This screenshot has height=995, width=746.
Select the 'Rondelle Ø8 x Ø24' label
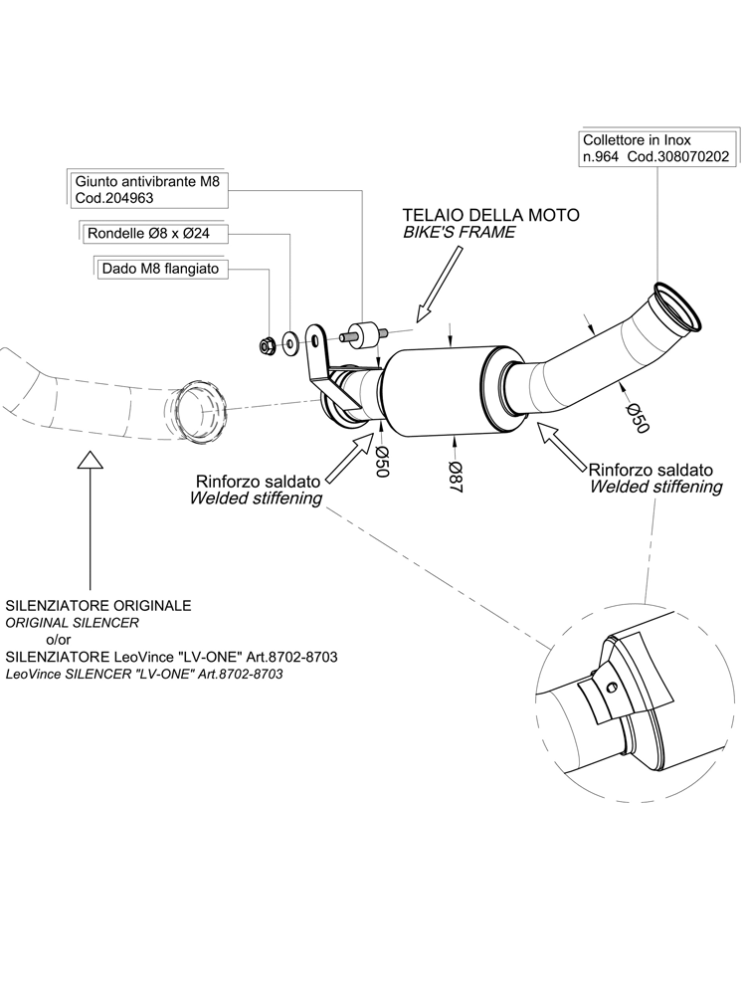153,234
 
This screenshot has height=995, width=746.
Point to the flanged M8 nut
266,345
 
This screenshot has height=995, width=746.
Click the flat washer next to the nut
289,343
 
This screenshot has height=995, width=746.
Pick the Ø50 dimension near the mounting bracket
379,461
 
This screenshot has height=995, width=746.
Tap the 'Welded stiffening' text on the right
655,487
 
